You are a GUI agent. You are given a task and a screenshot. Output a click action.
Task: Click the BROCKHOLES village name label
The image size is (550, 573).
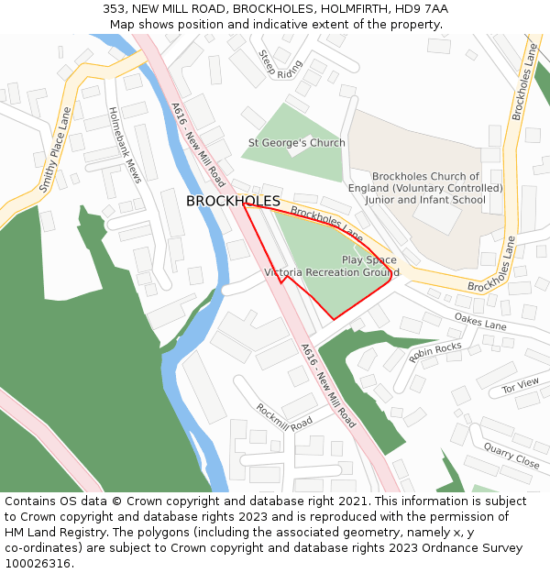click(x=233, y=201)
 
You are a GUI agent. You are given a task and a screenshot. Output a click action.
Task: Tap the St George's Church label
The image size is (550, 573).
click(x=297, y=143)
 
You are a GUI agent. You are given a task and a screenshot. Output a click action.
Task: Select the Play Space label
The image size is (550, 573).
click(x=369, y=259)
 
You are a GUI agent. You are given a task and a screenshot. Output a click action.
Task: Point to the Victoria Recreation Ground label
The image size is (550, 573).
click(x=331, y=272)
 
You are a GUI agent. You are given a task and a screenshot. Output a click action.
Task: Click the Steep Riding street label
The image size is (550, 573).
click(x=280, y=64)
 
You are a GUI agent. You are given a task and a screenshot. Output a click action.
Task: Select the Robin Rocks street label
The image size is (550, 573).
click(x=435, y=352)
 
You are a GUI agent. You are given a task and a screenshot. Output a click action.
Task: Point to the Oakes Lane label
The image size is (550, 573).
click(x=479, y=321)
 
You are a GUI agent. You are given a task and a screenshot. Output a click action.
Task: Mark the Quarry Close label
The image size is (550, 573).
click(x=511, y=456)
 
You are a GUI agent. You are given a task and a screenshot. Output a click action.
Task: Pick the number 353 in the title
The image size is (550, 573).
click(x=114, y=8)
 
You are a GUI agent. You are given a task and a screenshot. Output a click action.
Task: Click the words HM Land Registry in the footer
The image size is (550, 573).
click(x=55, y=533)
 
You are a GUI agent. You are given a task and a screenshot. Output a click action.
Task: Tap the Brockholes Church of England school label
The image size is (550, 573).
click(x=425, y=188)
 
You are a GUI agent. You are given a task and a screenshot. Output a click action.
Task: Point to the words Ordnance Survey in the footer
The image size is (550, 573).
click(x=474, y=548)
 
